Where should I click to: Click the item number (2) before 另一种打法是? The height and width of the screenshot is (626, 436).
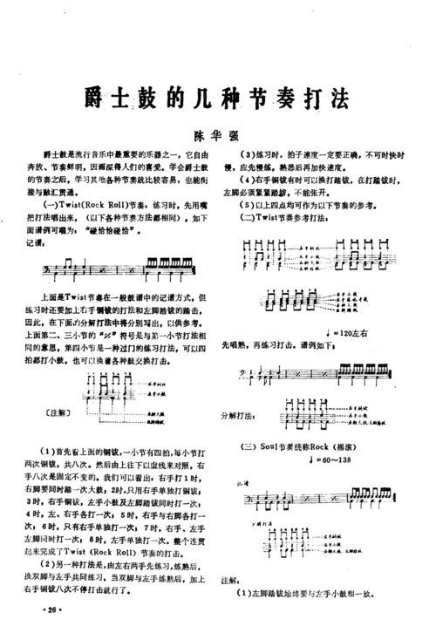pos(51,566)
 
